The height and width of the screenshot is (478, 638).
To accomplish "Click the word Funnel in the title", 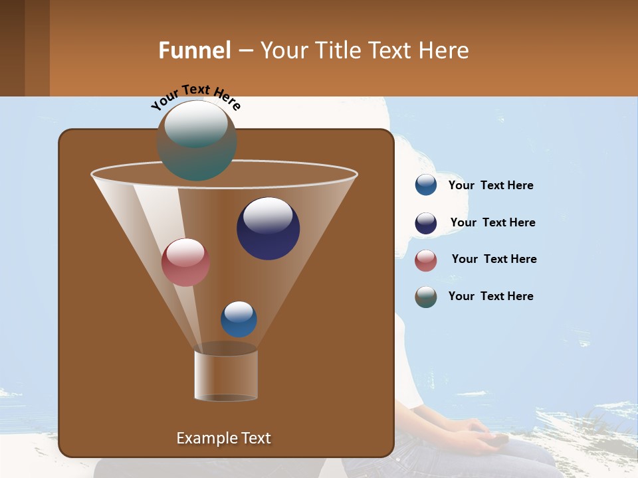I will tap(195, 50).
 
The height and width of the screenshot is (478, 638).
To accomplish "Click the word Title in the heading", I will tap(338, 50).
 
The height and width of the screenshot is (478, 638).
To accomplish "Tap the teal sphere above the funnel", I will tap(197, 140).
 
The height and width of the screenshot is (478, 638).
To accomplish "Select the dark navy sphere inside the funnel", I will tap(268, 228).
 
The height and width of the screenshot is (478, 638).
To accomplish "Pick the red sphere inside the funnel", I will tap(185, 262).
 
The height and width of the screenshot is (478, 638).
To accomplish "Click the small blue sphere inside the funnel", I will tap(239, 319).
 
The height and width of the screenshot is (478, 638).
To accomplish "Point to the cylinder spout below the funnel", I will tap(226, 375).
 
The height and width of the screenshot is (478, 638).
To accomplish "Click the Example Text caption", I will tap(223, 438).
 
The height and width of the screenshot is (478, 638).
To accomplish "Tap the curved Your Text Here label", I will tap(195, 97).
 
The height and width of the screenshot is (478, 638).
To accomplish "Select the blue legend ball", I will tap(426, 185).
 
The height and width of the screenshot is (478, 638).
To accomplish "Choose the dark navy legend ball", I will tap(426, 223).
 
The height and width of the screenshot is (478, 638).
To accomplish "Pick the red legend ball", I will tap(426, 260).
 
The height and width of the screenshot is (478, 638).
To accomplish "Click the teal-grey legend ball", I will tap(426, 297).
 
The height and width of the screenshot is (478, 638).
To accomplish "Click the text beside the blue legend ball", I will tap(490, 186).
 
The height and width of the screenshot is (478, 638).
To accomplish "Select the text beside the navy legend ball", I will tap(492, 223).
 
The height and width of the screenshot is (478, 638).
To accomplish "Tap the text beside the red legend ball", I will tap(494, 260).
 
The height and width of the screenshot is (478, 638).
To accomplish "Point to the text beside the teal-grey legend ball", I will tap(490, 297).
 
